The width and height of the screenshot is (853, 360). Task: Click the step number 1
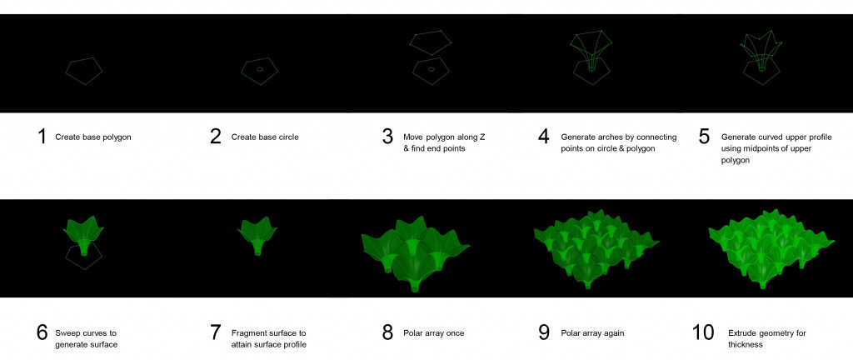click(x=42, y=137)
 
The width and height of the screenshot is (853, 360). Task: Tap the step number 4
click(x=543, y=137)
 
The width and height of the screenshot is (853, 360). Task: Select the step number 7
click(x=216, y=332)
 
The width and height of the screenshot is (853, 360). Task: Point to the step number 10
click(x=703, y=332)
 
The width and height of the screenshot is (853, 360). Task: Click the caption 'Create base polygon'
click(x=93, y=137)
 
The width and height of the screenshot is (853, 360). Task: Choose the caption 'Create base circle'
click(x=265, y=137)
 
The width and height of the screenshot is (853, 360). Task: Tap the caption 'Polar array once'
click(x=433, y=332)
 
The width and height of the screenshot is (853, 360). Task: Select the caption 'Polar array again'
click(x=592, y=332)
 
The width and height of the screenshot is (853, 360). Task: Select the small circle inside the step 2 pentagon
click(x=260, y=70)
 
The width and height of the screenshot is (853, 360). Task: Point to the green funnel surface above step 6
click(x=83, y=235)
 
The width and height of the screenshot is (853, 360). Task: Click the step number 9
click(x=543, y=332)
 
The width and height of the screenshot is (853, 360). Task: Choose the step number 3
click(x=387, y=137)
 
